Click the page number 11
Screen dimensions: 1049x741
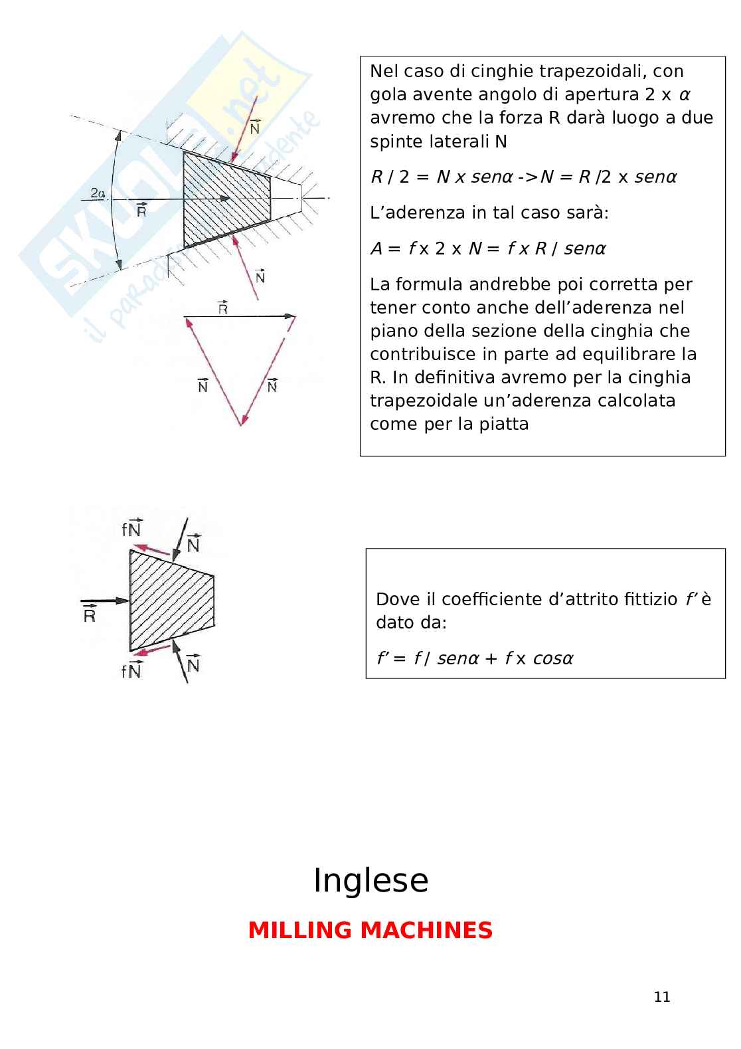point(662,997)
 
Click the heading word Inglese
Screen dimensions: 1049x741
point(370,881)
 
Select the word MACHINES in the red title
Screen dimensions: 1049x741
point(426,930)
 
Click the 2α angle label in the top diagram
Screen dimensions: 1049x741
point(98,193)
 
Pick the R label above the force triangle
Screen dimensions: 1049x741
point(222,308)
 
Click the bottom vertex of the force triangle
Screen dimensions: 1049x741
point(241,425)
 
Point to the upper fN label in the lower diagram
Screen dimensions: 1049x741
point(131,529)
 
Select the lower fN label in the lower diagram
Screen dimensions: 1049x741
point(131,670)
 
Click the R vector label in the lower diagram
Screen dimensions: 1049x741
point(90,615)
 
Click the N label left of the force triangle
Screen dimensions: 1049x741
point(203,385)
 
